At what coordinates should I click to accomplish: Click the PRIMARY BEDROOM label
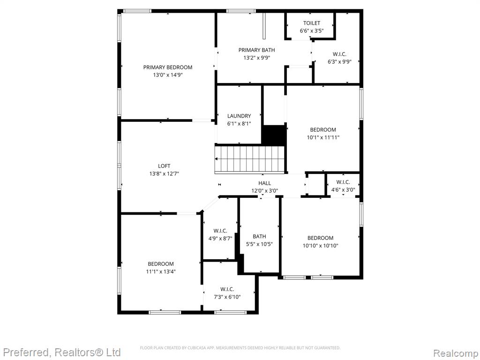(x=168, y=67)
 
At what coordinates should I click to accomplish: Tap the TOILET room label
(x=312, y=23)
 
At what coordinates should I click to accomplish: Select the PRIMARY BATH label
(x=256, y=50)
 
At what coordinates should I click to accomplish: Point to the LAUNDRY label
(x=239, y=116)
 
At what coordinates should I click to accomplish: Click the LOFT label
(x=164, y=166)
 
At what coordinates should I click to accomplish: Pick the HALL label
(x=264, y=183)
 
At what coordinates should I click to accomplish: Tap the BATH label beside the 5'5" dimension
(x=259, y=236)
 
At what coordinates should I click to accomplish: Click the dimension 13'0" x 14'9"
(x=168, y=75)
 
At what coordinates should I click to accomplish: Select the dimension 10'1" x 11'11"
(x=323, y=137)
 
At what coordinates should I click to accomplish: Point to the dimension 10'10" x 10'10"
(x=321, y=246)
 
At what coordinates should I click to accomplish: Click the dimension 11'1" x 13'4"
(x=161, y=271)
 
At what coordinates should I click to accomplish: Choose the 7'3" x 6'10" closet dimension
(x=227, y=297)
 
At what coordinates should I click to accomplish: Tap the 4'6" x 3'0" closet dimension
(x=343, y=190)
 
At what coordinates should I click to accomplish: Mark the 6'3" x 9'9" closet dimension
(x=339, y=62)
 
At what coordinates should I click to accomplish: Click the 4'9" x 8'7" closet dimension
(x=220, y=238)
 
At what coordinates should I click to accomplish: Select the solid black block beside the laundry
(x=274, y=135)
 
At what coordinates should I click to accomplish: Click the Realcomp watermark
(x=456, y=353)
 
